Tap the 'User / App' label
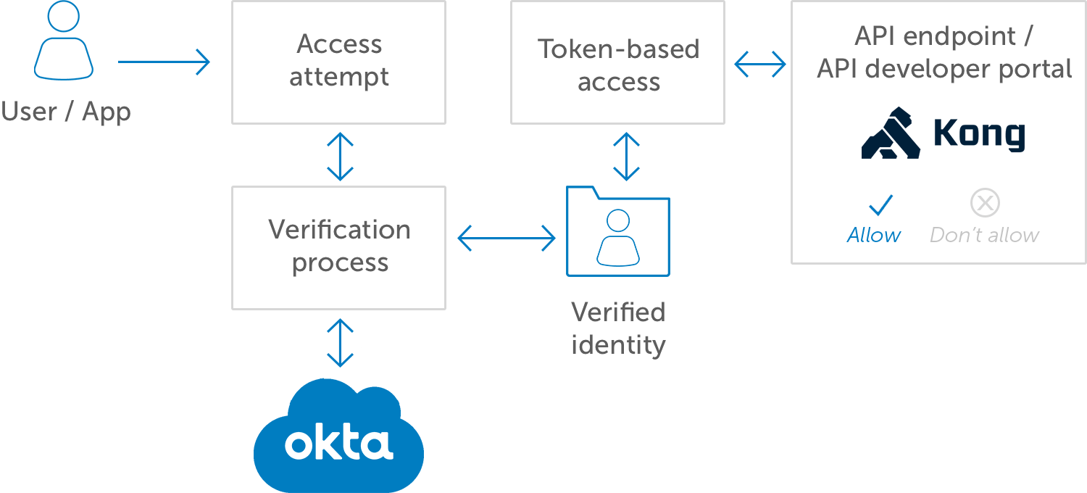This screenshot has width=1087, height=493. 66,112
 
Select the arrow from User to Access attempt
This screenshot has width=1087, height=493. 164,62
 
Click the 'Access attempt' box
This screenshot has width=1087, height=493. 338,62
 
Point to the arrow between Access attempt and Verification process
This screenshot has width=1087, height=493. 340,155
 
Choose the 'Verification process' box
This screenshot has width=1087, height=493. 338,247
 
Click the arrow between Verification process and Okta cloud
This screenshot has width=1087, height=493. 340,343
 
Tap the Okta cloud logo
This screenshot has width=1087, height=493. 338,437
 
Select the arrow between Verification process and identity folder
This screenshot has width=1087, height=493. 506,238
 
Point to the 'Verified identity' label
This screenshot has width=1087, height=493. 618,328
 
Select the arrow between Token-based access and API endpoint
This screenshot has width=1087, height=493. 759,64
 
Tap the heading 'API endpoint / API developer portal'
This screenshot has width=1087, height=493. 944,52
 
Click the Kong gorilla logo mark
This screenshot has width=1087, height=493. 891,133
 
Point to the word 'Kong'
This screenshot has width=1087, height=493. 978,134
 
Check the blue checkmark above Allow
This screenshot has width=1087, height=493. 880,205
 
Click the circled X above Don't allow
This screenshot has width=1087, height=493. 985,204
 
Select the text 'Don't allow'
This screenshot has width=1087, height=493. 984,235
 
